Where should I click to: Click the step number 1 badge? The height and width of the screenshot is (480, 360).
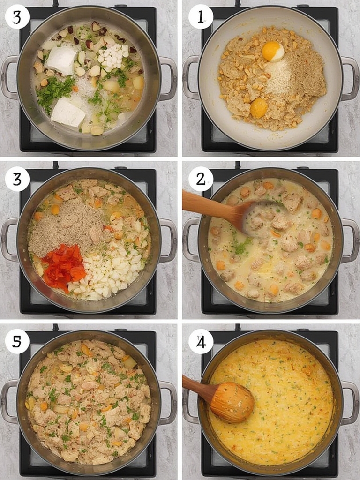point(201,17)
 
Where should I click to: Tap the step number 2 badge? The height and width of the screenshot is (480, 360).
point(201,179)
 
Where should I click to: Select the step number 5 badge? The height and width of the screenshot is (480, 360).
point(17,341)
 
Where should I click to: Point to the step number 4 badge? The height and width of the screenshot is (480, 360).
point(201,341)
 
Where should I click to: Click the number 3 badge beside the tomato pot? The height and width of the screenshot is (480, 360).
point(17,179)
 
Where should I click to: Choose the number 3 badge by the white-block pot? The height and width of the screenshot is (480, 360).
point(17,17)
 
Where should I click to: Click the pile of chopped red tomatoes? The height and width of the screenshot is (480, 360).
point(64,267)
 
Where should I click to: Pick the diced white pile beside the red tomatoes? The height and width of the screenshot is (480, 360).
point(105,272)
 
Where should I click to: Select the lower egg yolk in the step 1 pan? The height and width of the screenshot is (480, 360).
point(259,108)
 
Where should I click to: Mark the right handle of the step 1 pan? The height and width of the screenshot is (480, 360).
point(350,78)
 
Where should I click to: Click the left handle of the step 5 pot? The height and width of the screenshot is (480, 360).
point(9,402)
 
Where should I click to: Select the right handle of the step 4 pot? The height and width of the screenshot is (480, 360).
point(350,403)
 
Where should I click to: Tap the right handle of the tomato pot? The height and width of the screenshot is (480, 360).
point(168,240)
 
